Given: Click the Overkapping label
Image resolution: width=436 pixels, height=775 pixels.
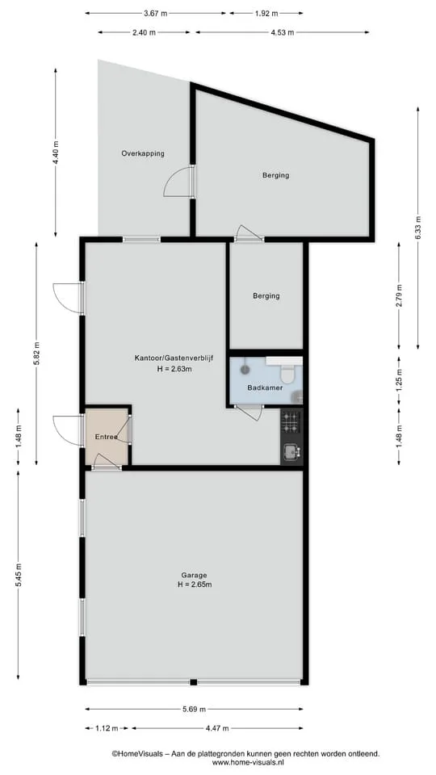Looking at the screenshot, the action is pyautogui.click(x=143, y=153).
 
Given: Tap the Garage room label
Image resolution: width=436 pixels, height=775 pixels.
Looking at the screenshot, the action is pyautogui.click(x=194, y=576).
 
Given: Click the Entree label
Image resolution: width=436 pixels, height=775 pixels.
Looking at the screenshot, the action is pyautogui.click(x=107, y=437).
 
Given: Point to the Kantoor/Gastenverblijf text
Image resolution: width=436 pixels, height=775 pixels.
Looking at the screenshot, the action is pyautogui.click(x=174, y=358).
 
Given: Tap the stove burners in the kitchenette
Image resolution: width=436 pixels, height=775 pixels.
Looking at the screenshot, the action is pyautogui.click(x=291, y=421).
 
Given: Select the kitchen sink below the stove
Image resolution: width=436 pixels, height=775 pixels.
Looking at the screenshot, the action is pyautogui.click(x=290, y=450).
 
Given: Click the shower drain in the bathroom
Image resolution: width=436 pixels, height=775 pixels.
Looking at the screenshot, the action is pyautogui.click(x=245, y=369).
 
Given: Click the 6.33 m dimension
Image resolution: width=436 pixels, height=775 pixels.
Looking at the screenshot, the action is pyautogui.click(x=417, y=228).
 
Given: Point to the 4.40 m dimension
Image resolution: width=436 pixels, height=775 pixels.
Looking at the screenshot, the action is pyautogui.click(x=56, y=153).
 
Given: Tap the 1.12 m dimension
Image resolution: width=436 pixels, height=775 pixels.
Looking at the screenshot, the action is pyautogui.click(x=107, y=728).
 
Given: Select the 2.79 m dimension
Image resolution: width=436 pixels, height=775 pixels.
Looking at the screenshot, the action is pyautogui.click(x=399, y=295).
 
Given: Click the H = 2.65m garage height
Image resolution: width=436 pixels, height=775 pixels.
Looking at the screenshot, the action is pyautogui.click(x=195, y=584).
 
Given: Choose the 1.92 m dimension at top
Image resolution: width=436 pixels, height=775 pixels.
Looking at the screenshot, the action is pyautogui.click(x=266, y=14).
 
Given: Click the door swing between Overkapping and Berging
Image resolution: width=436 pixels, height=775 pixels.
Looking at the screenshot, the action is pyautogui.click(x=177, y=182).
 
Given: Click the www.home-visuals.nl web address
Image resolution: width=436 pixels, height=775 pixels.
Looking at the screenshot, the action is pyautogui.click(x=245, y=763).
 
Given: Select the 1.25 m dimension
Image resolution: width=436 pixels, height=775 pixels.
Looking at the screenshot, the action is pyautogui.click(x=399, y=381).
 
